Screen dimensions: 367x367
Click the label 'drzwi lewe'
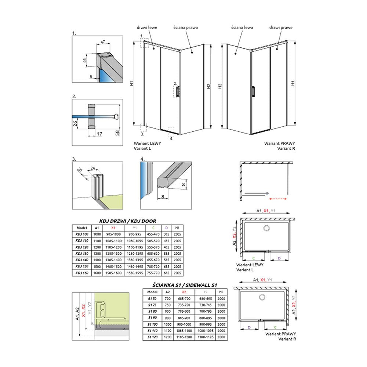147,28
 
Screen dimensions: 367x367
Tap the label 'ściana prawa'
186,28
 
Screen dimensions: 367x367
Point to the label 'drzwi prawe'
281,28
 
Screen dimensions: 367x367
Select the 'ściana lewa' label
242,28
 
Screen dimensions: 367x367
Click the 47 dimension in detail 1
103,42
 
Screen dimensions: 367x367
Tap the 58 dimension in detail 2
117,133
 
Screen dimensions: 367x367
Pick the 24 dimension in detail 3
93,168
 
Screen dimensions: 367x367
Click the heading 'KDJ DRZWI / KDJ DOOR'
128,221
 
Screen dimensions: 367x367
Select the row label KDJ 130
82,254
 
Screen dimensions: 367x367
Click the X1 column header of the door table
113,228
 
